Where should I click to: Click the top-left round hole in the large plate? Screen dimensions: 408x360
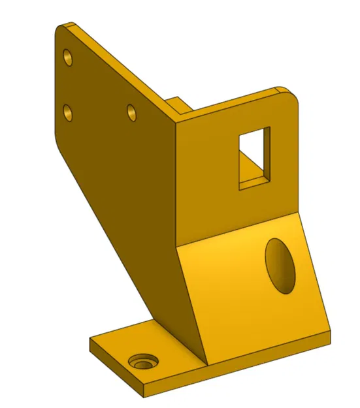coord(67,57)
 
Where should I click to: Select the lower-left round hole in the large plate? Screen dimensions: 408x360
coord(68,114)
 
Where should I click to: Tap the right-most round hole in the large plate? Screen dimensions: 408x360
coord(131,112)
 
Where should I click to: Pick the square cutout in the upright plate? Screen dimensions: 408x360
coord(254,157)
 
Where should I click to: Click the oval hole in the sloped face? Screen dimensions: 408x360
coord(281,264)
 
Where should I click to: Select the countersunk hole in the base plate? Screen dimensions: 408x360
coord(142,362)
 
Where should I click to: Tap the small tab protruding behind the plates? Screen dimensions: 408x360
coord(176,105)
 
